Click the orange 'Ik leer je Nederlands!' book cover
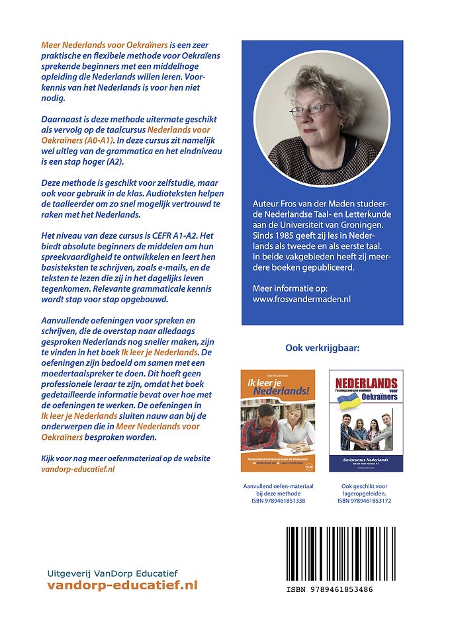(278, 421)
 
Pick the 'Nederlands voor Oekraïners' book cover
(366, 421)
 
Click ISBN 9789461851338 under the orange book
(278, 501)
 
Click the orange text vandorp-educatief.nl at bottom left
(122, 585)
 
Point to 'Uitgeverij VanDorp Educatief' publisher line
(113, 573)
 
